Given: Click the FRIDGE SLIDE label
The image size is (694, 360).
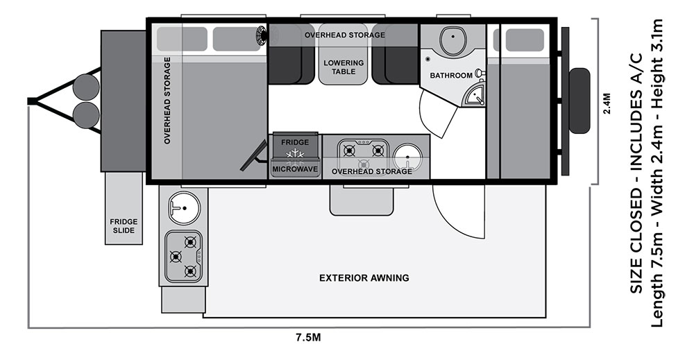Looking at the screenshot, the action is click(x=124, y=226).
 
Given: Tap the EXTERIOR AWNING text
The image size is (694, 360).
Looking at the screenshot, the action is click(x=364, y=278).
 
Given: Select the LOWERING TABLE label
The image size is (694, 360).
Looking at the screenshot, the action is click(x=344, y=67).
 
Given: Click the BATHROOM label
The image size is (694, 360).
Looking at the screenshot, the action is click(x=451, y=76).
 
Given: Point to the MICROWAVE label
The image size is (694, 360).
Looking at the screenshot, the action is click(x=295, y=169).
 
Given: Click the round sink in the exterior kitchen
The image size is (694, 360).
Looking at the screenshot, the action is click(x=184, y=207).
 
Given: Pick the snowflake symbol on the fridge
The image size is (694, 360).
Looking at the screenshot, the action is click(x=295, y=154).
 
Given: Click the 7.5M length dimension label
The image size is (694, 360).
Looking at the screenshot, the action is click(x=309, y=338).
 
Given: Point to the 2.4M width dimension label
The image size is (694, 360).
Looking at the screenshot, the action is click(x=607, y=103).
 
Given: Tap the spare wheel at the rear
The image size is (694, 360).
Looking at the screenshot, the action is click(x=579, y=101).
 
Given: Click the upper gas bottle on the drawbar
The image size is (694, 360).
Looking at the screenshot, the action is click(x=86, y=87).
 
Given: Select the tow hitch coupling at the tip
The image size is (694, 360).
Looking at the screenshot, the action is click(x=32, y=101).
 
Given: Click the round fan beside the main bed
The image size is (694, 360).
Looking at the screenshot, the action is click(x=261, y=35).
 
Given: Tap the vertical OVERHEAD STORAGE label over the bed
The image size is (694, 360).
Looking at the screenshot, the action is click(x=167, y=101).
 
